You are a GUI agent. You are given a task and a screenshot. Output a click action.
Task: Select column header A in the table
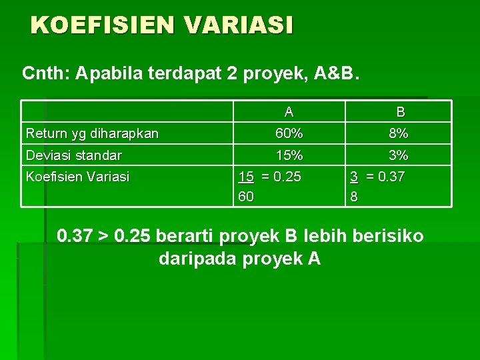288,112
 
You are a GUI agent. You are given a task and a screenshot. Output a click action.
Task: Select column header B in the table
399,112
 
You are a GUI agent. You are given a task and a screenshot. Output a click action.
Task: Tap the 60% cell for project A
289,133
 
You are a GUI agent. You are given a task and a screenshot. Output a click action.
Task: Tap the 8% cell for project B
399,133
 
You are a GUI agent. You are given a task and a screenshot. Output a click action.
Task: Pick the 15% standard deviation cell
289,155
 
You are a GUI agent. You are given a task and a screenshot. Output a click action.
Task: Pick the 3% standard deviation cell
399,155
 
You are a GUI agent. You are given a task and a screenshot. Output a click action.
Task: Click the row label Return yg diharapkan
92,133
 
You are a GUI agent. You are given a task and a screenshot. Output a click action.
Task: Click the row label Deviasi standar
73,155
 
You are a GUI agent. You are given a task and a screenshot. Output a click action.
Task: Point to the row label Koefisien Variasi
77,177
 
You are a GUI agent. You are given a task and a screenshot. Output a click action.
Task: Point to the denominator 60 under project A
246,197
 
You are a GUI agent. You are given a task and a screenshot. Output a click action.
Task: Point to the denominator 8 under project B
354,197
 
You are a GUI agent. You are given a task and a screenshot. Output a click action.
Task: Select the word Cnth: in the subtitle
47,72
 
